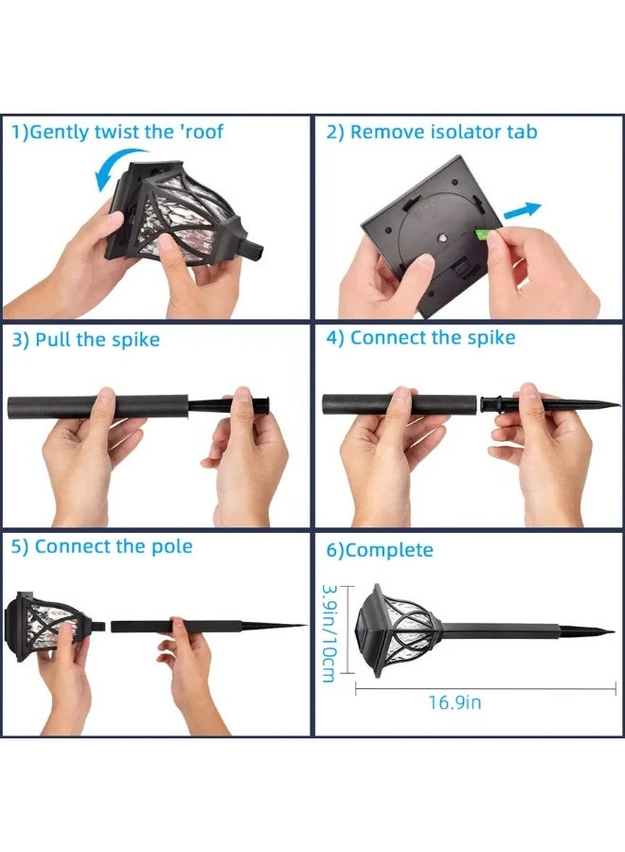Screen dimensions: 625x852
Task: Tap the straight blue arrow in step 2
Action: click(523, 211)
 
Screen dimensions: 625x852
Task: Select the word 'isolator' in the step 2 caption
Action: click(465, 132)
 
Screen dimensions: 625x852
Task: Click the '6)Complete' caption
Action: click(380, 550)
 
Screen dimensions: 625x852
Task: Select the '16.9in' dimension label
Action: click(455, 702)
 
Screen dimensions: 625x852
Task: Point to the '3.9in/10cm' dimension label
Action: click(330, 633)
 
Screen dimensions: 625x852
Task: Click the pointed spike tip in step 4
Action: click(618, 403)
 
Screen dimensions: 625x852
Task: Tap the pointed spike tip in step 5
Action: click(305, 626)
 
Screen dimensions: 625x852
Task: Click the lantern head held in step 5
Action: click(49, 626)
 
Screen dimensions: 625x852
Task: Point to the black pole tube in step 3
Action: click(98, 406)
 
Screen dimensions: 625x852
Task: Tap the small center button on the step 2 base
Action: click(442, 239)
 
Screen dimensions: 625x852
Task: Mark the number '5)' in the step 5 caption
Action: click(20, 547)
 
